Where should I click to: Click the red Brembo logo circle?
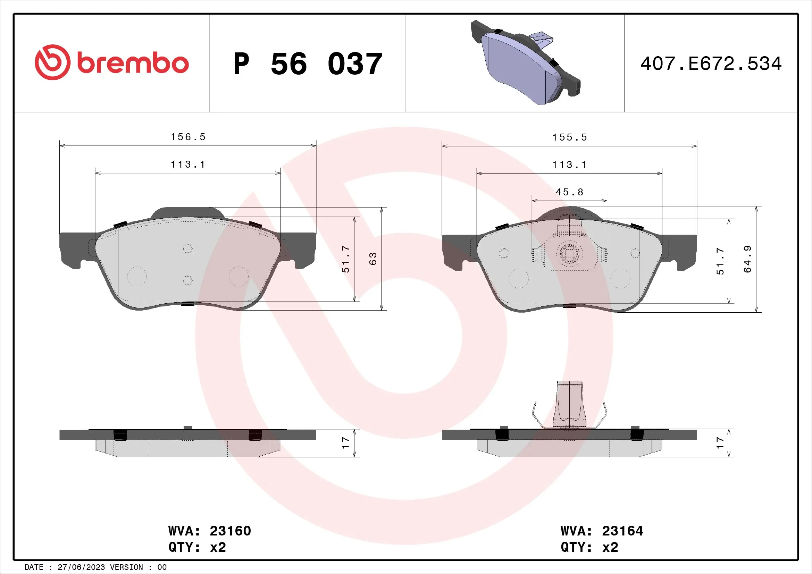point(52,62)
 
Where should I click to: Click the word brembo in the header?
point(133,63)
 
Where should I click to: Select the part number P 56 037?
point(308,64)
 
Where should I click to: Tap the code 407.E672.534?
point(711,64)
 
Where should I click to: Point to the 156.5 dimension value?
point(188,137)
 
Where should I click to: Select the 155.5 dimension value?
point(569,137)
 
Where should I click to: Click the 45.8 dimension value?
point(569,192)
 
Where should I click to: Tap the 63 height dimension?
point(373,259)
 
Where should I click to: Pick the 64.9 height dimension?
point(747,259)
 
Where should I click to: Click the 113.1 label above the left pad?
point(188,165)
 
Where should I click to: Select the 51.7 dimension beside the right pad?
point(720,261)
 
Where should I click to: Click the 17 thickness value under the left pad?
point(345,443)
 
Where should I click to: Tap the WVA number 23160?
point(230,531)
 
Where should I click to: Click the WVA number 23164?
point(622,531)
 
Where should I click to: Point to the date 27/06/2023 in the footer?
point(81,567)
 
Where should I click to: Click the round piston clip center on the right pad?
point(569,253)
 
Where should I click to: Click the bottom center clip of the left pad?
point(187,304)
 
